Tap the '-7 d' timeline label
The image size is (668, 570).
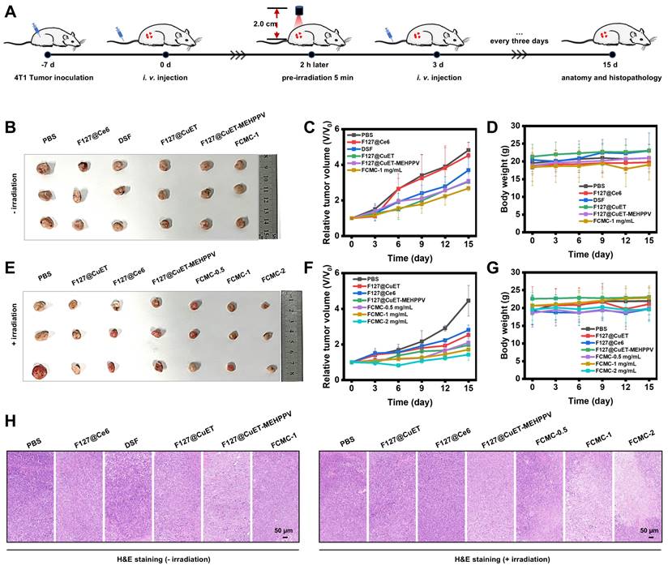click(46, 64)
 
